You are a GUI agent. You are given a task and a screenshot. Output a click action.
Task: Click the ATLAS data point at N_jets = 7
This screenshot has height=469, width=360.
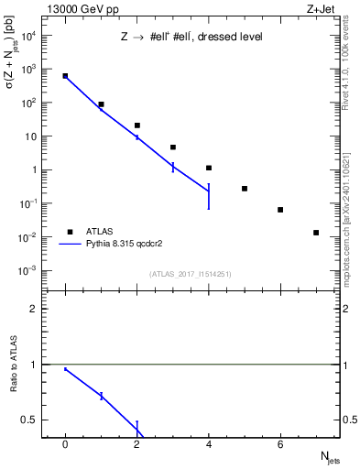coord(316,233)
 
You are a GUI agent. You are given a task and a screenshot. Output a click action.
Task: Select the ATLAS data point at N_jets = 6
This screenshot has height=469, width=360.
coord(280,210)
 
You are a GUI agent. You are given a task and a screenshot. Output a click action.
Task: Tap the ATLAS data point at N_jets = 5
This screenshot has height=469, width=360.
coord(245,189)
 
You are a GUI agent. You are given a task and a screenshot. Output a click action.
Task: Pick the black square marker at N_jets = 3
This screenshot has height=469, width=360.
coord(173,147)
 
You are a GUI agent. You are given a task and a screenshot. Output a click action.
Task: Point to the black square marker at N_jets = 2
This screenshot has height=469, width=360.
coord(137,125)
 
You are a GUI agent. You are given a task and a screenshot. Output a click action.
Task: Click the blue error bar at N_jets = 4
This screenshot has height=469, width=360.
coord(209,196)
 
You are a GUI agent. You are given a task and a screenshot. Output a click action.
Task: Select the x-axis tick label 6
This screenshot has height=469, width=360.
coord(280,444)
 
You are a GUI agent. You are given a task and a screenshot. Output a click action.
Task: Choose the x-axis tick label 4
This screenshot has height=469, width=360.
coord(209,444)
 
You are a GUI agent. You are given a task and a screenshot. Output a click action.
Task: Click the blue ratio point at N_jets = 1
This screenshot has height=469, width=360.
coord(102,396)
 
